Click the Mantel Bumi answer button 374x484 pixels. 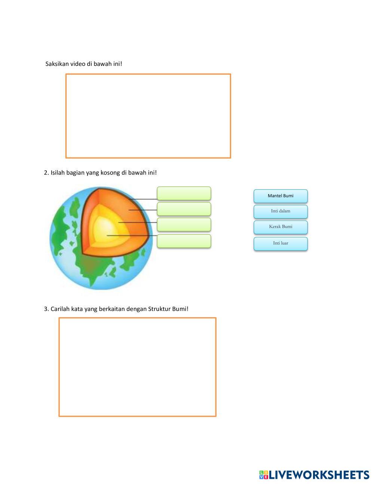(x=280, y=196)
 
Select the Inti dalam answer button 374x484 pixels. (x=280, y=211)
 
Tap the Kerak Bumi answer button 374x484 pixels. (x=280, y=227)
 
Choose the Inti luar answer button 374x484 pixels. (x=280, y=243)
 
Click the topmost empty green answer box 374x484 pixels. (x=184, y=193)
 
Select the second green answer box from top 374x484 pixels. (x=184, y=209)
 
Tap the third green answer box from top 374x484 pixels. (x=184, y=225)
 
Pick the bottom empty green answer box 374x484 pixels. (x=184, y=241)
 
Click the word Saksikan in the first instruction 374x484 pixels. (x=57, y=64)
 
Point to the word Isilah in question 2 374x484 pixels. (x=58, y=173)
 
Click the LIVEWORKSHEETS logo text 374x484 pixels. (x=319, y=475)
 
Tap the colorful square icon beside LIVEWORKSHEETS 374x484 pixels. (x=264, y=475)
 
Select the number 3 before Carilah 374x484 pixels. (x=46, y=309)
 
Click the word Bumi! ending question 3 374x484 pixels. (x=180, y=309)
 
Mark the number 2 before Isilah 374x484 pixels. (x=46, y=173)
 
